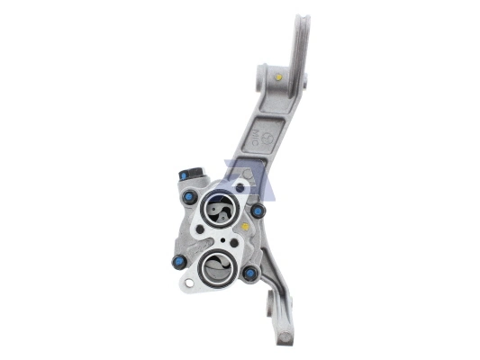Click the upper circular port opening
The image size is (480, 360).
pos(220,211)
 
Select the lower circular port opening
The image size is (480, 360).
pos(217,267)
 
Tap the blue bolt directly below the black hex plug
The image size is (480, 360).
pos(189,197)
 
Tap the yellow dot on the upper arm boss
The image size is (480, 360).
pos(277,77)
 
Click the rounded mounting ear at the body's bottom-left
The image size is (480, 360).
pos(186,285)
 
